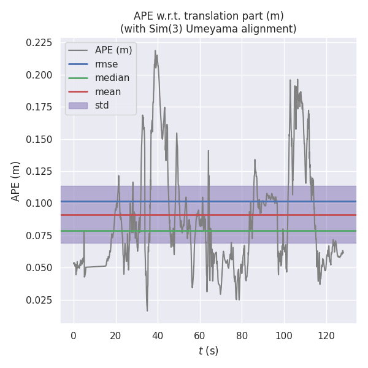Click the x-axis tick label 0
click(74, 335)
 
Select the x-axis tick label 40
click(158, 335)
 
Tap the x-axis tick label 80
click(242, 335)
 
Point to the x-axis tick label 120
click(326, 335)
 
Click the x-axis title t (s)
click(209, 351)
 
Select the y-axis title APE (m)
click(16, 181)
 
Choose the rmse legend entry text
click(106, 64)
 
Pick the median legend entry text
click(112, 78)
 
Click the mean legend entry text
click(108, 91)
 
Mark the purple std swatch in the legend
click(78, 105)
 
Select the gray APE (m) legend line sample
click(78, 50)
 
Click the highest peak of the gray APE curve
click(155, 50)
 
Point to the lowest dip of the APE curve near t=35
click(147, 310)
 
